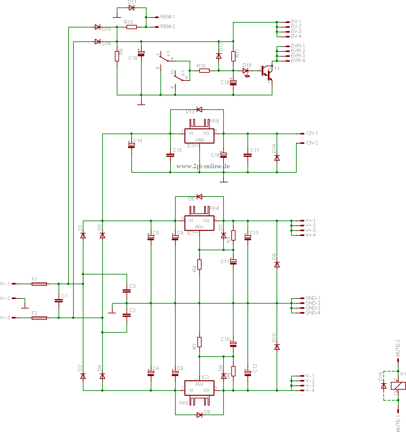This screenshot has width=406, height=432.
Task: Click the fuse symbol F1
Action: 39,284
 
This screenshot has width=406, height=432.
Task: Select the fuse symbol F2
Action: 39,318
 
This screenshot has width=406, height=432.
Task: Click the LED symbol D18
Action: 246,71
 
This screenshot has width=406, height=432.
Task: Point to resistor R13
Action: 131,27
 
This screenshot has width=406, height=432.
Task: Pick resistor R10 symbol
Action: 204,70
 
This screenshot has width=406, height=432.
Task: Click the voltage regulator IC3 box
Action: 199,136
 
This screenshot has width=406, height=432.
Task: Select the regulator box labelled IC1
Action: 199,223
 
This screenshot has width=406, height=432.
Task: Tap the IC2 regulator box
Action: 199,388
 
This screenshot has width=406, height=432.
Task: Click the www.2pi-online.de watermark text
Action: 203,166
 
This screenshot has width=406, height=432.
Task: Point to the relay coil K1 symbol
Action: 398,386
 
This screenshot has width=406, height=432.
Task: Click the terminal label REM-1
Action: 167,17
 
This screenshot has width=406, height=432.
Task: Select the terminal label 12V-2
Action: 312,143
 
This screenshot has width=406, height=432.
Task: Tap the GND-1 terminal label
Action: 313,298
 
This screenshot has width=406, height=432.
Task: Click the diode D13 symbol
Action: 199,110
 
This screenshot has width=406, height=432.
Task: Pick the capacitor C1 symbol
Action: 59,301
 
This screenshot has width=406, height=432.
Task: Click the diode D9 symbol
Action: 277,265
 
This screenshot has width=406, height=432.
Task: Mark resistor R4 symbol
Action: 199,265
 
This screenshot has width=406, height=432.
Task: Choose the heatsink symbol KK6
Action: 199,123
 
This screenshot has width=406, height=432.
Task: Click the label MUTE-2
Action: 398,348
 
